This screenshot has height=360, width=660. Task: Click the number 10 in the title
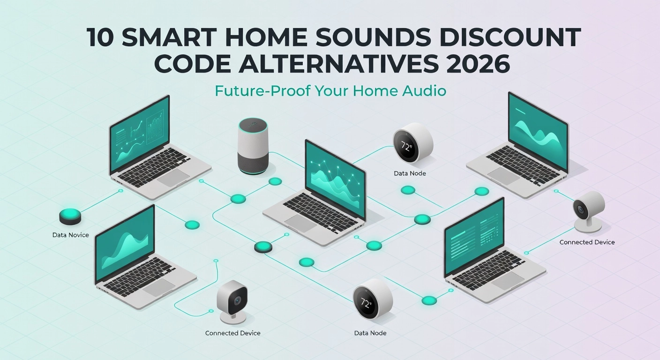point(101,37)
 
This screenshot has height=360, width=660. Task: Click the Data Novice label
point(71,235)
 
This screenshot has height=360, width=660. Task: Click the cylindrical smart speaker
point(253,146)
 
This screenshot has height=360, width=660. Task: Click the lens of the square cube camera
point(238,300)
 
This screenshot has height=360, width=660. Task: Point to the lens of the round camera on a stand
point(581,210)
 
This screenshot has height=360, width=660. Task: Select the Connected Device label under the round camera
point(587,242)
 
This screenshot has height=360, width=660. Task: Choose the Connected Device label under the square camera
point(233,333)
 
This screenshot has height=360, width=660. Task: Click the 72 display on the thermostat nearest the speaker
point(407,146)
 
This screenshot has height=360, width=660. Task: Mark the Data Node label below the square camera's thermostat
point(370,333)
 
